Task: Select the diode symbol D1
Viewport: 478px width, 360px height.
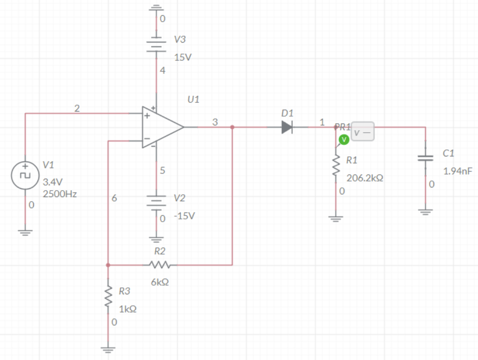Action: tap(287, 127)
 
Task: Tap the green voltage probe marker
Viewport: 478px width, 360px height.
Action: tap(344, 140)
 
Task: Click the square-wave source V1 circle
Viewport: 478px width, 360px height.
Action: tap(25, 175)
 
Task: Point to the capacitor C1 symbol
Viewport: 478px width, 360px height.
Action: tap(425, 158)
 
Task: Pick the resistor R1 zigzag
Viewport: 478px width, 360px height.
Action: tap(336, 165)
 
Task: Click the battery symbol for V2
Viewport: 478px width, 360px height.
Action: tap(156, 201)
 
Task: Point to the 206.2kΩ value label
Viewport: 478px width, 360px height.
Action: tap(365, 178)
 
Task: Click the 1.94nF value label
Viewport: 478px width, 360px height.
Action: tap(458, 171)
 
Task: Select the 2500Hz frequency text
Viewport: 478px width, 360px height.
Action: tap(60, 194)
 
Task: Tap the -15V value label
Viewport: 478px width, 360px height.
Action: tap(184, 216)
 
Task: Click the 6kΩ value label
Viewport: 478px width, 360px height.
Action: tap(160, 282)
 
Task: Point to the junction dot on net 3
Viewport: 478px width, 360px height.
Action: tap(232, 127)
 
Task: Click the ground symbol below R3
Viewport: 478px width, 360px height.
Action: tap(108, 350)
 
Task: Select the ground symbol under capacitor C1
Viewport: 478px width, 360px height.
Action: tap(425, 212)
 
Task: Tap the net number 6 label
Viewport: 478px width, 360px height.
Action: tap(114, 198)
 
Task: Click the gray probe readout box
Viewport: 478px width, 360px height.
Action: tap(363, 131)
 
